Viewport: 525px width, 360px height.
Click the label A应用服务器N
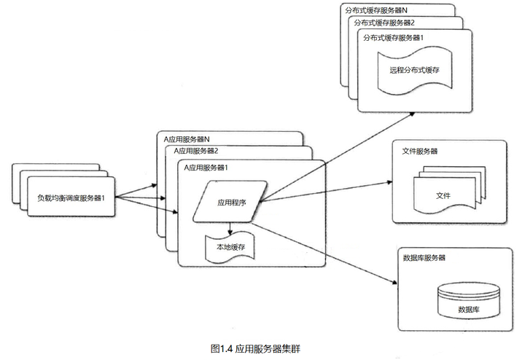[186, 138]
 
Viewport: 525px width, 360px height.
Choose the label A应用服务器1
[206, 167]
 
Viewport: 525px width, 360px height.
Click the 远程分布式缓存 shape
[413, 70]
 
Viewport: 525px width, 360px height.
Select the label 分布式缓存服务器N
[376, 9]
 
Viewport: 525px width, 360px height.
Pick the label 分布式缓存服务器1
[394, 36]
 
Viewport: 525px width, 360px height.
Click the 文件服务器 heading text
[421, 152]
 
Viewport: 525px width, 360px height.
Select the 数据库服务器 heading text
[424, 258]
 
